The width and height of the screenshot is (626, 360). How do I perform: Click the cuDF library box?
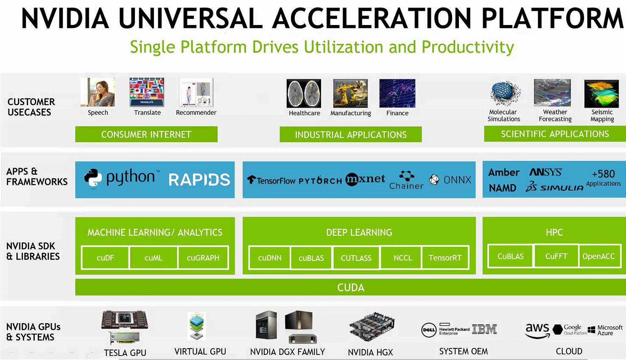pyautogui.click(x=105, y=258)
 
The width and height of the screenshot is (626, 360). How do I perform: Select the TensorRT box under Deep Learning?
pyautogui.click(x=445, y=258)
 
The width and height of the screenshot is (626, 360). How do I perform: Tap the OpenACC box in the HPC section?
pyautogui.click(x=598, y=256)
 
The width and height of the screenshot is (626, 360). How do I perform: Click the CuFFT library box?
pyautogui.click(x=556, y=256)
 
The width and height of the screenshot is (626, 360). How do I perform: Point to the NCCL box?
pyautogui.click(x=402, y=258)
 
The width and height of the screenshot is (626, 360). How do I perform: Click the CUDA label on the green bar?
pyautogui.click(x=350, y=287)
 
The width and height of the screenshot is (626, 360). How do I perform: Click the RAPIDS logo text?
pyautogui.click(x=199, y=180)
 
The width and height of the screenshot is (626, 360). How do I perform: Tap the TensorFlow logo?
pyautogui.click(x=271, y=180)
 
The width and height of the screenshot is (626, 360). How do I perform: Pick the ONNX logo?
pyautogui.click(x=450, y=180)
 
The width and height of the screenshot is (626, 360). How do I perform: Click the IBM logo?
pyautogui.click(x=484, y=329)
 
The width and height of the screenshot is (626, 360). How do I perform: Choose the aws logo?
pyautogui.click(x=537, y=330)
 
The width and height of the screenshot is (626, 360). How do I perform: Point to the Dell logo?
pyautogui.click(x=429, y=329)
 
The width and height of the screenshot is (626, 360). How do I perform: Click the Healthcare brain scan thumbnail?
pyautogui.click(x=304, y=93)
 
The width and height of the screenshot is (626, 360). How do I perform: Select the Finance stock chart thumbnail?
pyautogui.click(x=397, y=93)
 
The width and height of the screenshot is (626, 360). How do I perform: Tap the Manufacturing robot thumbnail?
pyautogui.click(x=350, y=93)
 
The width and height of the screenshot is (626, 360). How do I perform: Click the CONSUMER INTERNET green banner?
pyautogui.click(x=146, y=134)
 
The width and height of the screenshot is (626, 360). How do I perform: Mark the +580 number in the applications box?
pyautogui.click(x=603, y=174)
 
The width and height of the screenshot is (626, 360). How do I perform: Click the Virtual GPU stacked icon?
pyautogui.click(x=197, y=326)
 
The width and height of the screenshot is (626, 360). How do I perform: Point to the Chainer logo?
pyautogui.click(x=406, y=180)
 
